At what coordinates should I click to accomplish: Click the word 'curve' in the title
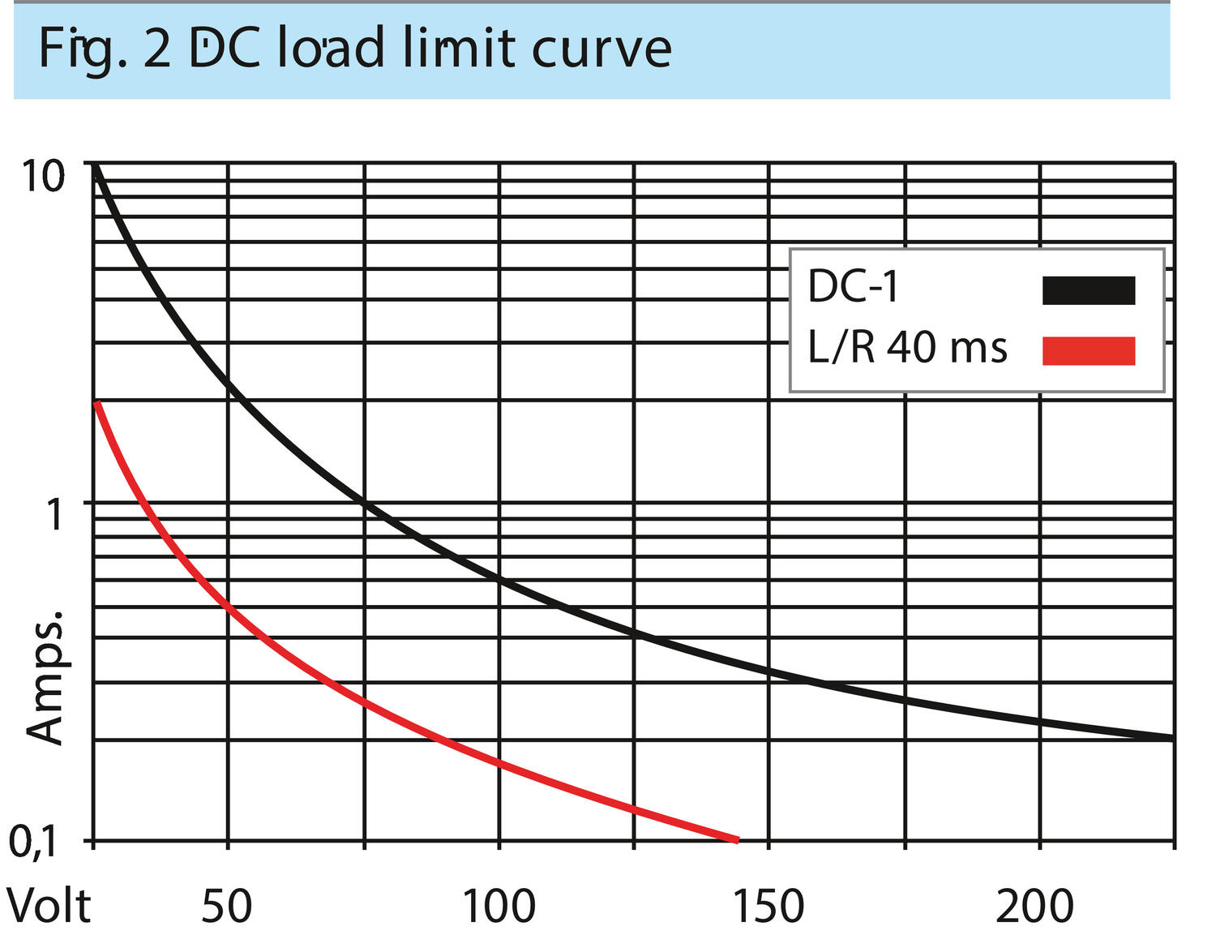pyautogui.click(x=602, y=49)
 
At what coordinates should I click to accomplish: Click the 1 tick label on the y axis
pyautogui.click(x=54, y=514)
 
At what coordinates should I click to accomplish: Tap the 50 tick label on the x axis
pyautogui.click(x=227, y=906)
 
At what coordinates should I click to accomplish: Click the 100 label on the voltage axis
pyautogui.click(x=499, y=906)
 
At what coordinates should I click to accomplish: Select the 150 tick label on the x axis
pyautogui.click(x=768, y=906)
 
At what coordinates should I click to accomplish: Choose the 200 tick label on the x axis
pyautogui.click(x=1035, y=906)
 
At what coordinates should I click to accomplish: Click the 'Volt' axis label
pyautogui.click(x=48, y=906)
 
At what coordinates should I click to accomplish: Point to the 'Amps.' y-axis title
pyautogui.click(x=45, y=678)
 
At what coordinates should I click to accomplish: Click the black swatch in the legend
pyautogui.click(x=1088, y=290)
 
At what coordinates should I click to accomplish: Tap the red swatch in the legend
pyautogui.click(x=1088, y=351)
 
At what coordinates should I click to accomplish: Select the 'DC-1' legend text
pyautogui.click(x=853, y=286)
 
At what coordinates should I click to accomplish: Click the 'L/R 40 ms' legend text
pyautogui.click(x=906, y=348)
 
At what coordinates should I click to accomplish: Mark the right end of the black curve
pyautogui.click(x=1171, y=737)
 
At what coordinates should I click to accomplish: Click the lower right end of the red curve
pyautogui.click(x=736, y=839)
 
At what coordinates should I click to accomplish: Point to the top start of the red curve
pyautogui.click(x=96, y=403)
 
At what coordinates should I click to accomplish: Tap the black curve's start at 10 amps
pyautogui.click(x=95, y=165)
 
